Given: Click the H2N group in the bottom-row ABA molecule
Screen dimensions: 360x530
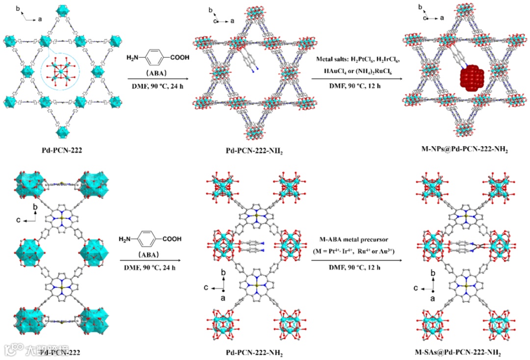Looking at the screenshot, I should pyautogui.click(x=126, y=239).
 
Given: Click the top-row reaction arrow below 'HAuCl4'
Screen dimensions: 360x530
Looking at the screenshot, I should pyautogui.click(x=356, y=78).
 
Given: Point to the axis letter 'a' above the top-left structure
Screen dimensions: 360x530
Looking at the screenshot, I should pyautogui.click(x=40, y=19).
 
